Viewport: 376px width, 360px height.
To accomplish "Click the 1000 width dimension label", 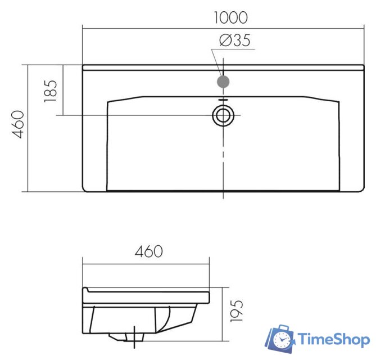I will click(x=230, y=17).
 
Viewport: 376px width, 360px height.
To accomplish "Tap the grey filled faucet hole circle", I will click(x=223, y=82).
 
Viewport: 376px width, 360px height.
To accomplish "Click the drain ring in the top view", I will click(x=223, y=115).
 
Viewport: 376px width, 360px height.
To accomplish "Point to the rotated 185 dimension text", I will click(x=50, y=90).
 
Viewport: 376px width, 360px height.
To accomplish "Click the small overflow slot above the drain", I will click(x=223, y=100).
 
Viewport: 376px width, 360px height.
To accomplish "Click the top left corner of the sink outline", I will click(x=83, y=66).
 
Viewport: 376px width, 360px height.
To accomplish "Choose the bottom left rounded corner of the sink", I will click(x=85, y=189).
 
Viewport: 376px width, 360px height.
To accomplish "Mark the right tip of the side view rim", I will click(x=209, y=297).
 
